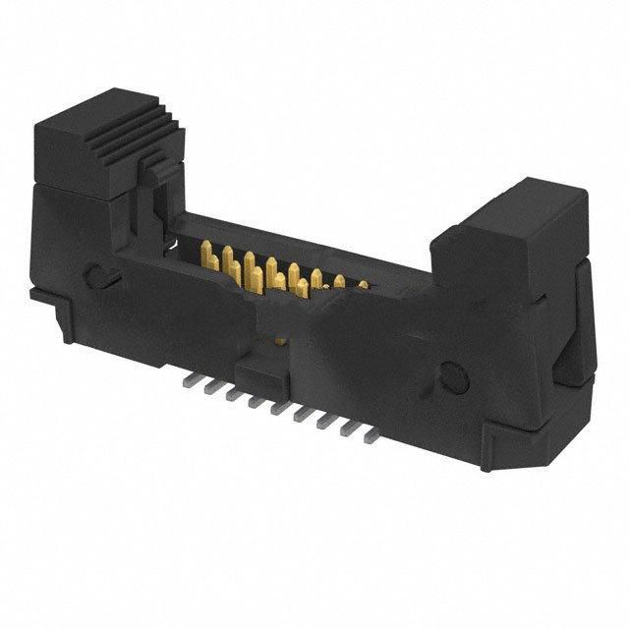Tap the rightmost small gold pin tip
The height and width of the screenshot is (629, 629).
click(361, 286)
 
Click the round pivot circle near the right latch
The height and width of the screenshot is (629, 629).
click(453, 374)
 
